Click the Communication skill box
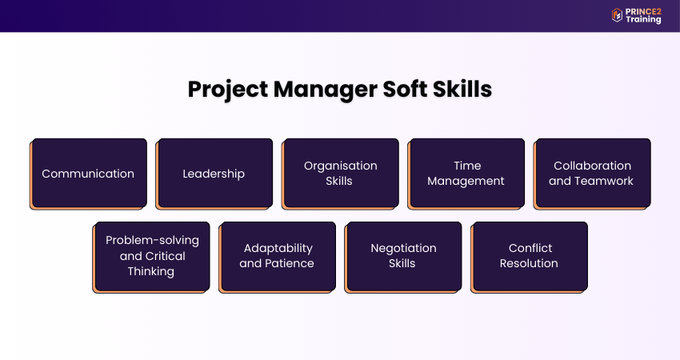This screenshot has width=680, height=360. click(89, 174)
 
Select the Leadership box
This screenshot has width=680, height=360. click(214, 174)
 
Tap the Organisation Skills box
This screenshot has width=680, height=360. click(340, 174)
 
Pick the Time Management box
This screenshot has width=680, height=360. click(466, 174)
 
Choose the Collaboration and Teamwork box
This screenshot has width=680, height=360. click(592, 174)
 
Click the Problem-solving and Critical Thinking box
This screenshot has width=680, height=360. click(151, 258)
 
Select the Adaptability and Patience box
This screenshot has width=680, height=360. click(277, 258)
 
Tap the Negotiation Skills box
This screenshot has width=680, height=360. click(403, 258)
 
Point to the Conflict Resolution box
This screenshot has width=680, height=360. click(529, 258)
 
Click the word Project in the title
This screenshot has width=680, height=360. click(228, 90)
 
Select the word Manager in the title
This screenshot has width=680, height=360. click(326, 90)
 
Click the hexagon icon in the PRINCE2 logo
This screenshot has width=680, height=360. click(617, 15)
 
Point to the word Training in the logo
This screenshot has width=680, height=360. click(643, 19)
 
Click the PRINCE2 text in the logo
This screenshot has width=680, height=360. click(643, 12)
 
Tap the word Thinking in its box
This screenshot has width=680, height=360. click(151, 272)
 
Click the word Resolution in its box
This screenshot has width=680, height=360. click(529, 263)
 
